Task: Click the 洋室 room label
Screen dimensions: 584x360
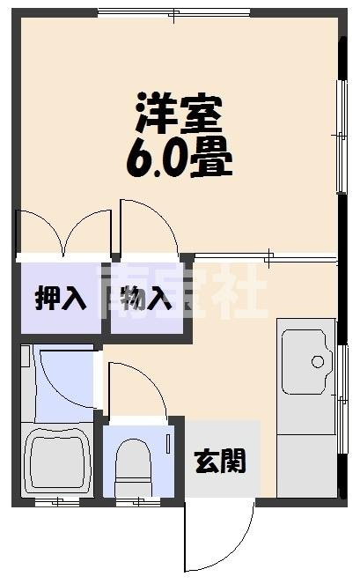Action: click(x=180, y=113)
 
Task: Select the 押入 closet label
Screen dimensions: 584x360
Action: click(x=61, y=299)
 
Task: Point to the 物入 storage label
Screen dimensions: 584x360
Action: click(x=146, y=299)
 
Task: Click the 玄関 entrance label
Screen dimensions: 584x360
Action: click(x=220, y=460)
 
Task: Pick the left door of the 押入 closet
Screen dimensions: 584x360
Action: click(x=40, y=233)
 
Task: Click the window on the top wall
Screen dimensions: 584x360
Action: click(x=173, y=12)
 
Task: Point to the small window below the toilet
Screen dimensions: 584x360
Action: click(x=134, y=503)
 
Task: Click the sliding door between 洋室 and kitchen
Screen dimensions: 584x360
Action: click(x=264, y=258)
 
